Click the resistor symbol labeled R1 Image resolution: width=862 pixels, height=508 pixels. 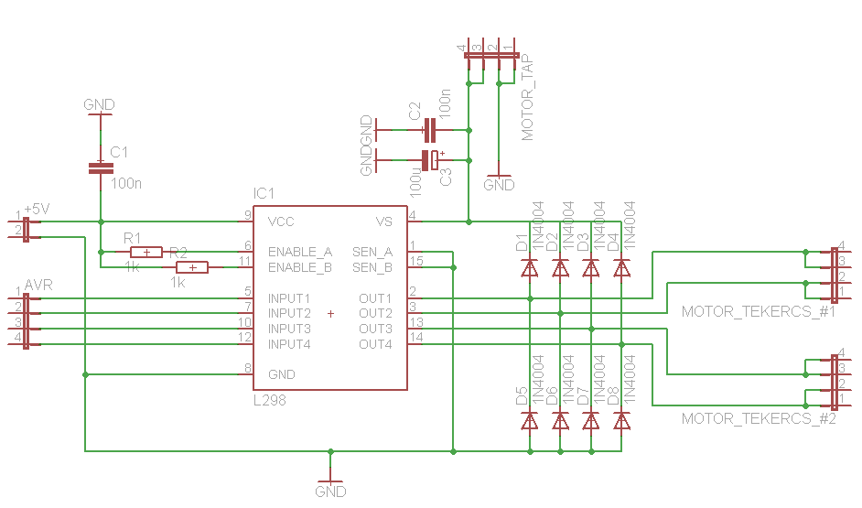[146, 253]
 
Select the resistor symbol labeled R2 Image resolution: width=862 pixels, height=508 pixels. [192, 268]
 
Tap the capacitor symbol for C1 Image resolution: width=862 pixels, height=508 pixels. [101, 168]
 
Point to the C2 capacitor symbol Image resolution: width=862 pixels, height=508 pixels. [430, 130]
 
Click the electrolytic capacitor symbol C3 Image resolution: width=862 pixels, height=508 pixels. [431, 160]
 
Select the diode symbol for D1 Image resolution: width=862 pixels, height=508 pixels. [530, 268]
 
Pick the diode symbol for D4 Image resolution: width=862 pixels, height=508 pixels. [621, 268]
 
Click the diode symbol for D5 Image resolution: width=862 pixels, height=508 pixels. [530, 421]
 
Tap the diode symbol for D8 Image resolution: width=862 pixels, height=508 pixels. [621, 421]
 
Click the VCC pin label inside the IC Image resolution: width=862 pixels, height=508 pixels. [281, 222]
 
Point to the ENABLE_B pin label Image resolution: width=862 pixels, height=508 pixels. [300, 268]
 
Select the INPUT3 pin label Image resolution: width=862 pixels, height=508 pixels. [289, 329]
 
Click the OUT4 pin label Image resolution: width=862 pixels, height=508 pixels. [375, 345]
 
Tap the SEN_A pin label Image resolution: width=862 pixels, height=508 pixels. [372, 253]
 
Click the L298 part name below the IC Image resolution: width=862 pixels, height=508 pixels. [269, 400]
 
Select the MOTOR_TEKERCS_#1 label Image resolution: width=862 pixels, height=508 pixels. [759, 312]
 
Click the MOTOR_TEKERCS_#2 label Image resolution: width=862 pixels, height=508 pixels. [759, 419]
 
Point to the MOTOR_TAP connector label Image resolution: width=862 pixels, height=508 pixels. [527, 97]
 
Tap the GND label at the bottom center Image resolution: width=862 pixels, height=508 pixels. [330, 491]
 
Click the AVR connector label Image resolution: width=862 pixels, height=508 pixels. [38, 285]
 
